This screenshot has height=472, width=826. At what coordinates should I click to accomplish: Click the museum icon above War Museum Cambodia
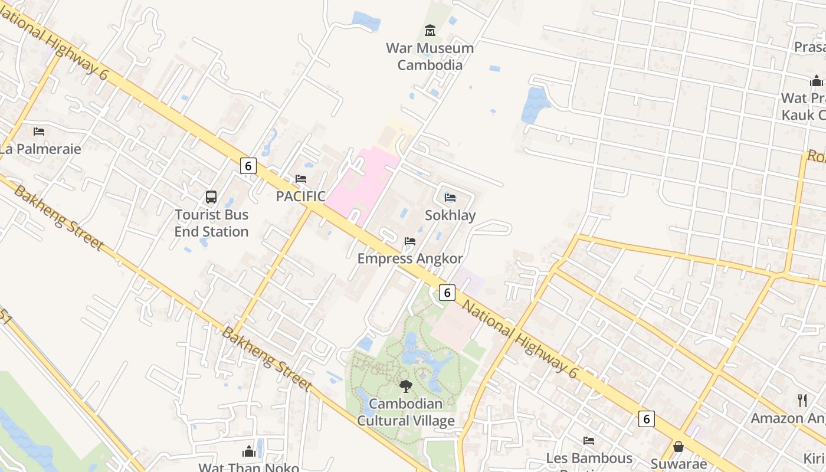click(x=430, y=30)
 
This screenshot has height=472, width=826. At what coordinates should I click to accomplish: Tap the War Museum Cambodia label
click(x=430, y=57)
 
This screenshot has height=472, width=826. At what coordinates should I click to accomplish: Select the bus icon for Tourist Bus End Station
click(x=211, y=197)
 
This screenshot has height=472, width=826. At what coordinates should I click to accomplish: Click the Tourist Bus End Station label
click(x=211, y=223)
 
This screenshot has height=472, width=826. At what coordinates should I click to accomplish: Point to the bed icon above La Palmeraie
click(x=39, y=131)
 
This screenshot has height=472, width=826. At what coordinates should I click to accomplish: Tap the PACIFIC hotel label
click(x=301, y=196)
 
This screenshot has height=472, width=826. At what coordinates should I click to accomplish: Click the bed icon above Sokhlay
click(x=450, y=198)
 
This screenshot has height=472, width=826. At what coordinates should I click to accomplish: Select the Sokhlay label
click(x=450, y=215)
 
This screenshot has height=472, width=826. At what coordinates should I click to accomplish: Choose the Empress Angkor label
click(x=410, y=258)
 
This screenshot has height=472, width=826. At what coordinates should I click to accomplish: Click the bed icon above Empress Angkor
click(x=410, y=241)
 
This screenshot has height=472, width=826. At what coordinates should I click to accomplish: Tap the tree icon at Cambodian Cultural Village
click(x=405, y=386)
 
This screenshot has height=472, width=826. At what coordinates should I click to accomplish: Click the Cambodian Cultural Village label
click(x=406, y=412)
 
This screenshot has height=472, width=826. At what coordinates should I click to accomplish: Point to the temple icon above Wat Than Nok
click(x=249, y=452)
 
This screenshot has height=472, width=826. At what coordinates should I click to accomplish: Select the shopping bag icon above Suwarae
click(x=678, y=447)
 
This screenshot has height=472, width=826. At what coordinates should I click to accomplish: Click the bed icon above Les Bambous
click(x=588, y=441)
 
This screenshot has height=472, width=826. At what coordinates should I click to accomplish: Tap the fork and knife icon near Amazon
click(x=802, y=401)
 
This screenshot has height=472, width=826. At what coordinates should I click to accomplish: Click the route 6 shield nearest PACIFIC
click(x=248, y=166)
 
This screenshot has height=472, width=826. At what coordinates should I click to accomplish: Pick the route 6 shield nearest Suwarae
click(x=647, y=419)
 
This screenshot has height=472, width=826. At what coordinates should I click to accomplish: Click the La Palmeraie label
click(x=40, y=149)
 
